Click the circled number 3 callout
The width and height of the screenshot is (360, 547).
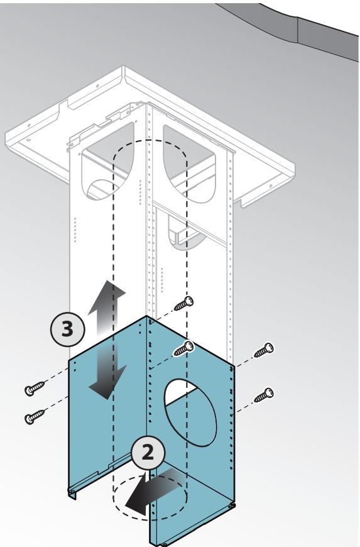pyautogui.click(x=68, y=329)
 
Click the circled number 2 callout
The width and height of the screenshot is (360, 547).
pyautogui.click(x=148, y=453)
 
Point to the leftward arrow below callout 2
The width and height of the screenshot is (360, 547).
pyautogui.click(x=153, y=492)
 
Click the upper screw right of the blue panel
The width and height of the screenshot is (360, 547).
pyautogui.click(x=263, y=350)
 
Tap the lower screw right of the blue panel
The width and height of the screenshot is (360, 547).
pyautogui.click(x=263, y=395)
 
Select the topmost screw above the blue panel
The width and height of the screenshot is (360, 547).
pyautogui.click(x=183, y=303)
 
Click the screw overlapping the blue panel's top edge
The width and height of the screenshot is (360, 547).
pyautogui.click(x=183, y=348)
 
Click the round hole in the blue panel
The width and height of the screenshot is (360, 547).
pyautogui.click(x=190, y=412)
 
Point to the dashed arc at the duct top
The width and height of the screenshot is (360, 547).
pyautogui.click(x=150, y=141)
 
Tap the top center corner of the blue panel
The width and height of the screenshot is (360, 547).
pyautogui.click(x=147, y=316)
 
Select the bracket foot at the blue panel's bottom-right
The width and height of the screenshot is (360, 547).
pyautogui.click(x=231, y=506)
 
